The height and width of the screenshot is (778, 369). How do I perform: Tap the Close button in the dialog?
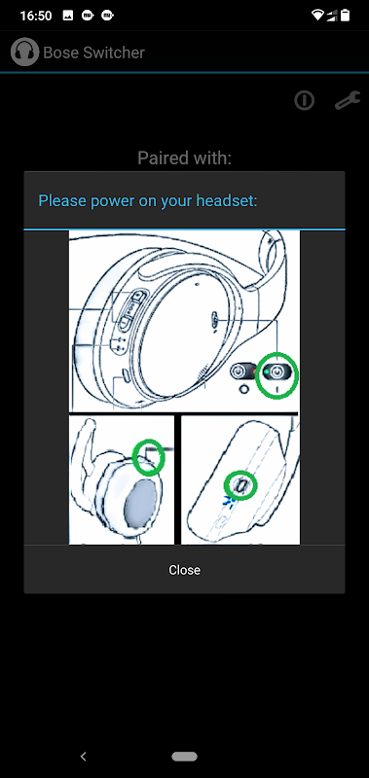tap(184, 570)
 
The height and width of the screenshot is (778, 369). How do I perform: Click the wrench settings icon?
tap(348, 101)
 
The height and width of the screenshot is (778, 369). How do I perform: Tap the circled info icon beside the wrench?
tap(304, 101)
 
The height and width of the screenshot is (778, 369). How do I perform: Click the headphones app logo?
tap(25, 53)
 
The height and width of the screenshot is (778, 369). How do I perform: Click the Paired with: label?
tap(184, 158)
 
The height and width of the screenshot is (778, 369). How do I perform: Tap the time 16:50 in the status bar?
tap(36, 16)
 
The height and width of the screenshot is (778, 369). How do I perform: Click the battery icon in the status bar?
tap(346, 16)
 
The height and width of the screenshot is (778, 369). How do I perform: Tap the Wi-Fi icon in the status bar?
tap(317, 16)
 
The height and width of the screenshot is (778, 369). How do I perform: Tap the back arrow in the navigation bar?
tap(84, 757)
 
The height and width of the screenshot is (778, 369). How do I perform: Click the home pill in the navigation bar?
tap(184, 757)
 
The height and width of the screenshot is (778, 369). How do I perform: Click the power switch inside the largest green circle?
tap(277, 371)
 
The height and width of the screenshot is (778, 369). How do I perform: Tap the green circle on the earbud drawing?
tap(149, 457)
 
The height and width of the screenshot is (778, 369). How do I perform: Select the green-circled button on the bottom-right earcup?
tap(240, 484)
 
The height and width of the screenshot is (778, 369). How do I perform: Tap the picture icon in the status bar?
tap(68, 16)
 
